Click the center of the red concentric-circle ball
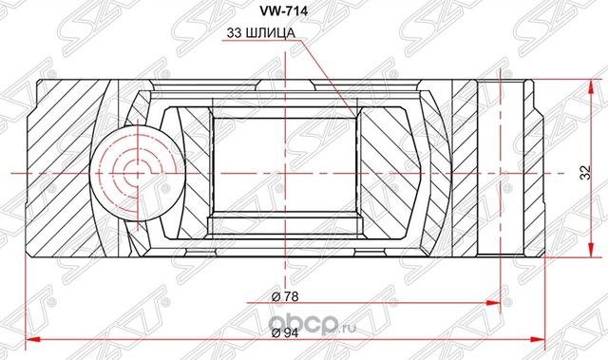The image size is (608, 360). pyautogui.click(x=127, y=172)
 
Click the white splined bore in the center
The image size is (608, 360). pyautogui.click(x=283, y=171)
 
